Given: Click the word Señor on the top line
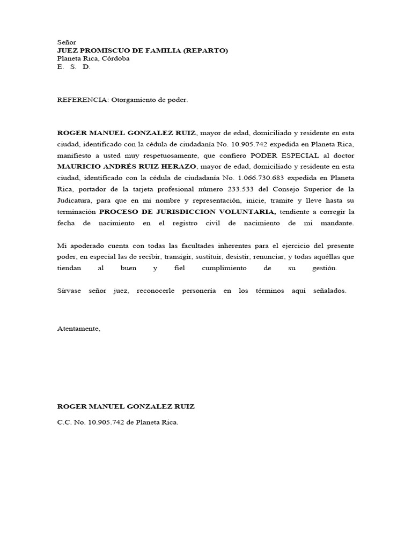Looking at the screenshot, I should tap(67, 42).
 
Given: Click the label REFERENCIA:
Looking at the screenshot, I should tap(76, 100).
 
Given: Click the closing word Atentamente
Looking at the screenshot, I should tap(78, 329).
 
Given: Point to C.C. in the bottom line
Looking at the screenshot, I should tap(64, 422).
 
